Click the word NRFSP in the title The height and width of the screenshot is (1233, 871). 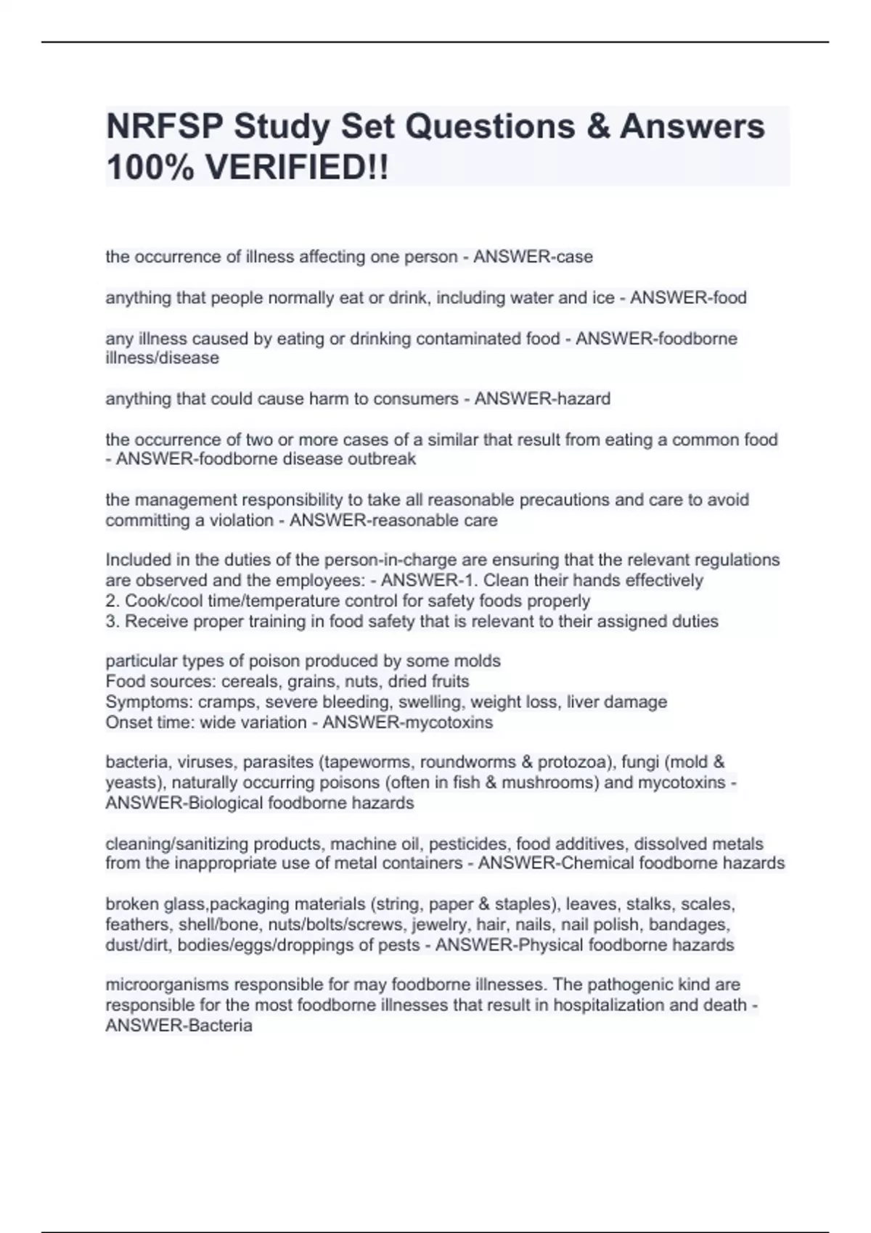(165, 127)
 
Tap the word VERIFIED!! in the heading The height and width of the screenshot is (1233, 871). (296, 168)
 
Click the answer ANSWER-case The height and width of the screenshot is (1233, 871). (533, 257)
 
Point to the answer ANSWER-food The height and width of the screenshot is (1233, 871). (688, 297)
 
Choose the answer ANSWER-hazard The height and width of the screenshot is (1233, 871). (542, 399)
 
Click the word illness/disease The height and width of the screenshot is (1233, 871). (162, 358)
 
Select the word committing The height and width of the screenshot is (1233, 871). (140, 521)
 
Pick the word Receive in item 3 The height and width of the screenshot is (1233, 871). (152, 622)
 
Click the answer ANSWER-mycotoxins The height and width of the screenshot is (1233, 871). (407, 722)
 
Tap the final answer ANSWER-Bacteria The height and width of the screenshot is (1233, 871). (179, 1026)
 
